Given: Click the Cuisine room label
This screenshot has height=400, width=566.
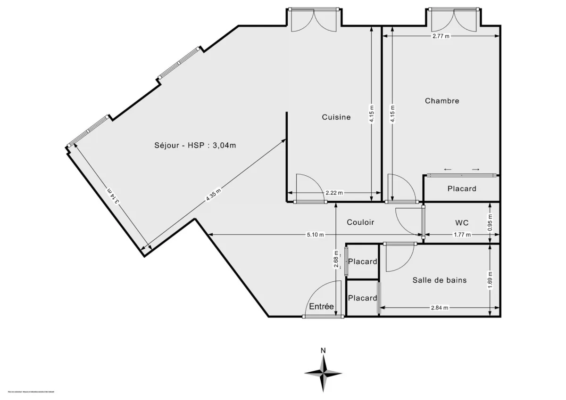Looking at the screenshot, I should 336,117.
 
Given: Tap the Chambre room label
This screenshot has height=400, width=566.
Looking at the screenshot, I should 441,101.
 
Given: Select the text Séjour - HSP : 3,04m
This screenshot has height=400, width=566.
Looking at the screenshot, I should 194,146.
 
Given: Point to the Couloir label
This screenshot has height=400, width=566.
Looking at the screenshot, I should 360,222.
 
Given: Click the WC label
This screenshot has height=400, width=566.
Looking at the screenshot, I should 461,222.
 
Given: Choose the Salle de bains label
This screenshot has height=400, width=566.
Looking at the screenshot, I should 439,280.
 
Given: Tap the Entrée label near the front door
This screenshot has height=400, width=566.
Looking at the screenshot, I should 321,307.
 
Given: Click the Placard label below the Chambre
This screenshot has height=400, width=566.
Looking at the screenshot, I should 461,188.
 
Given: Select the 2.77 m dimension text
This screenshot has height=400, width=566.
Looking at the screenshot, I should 441,36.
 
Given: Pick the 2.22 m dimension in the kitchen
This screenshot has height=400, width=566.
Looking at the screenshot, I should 334,193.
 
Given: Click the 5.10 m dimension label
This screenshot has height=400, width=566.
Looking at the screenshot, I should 315,235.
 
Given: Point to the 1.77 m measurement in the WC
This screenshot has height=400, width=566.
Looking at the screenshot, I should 462,235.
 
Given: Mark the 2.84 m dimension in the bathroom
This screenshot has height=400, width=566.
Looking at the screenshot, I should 439,308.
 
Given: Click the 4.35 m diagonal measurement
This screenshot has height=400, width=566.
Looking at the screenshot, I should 213,194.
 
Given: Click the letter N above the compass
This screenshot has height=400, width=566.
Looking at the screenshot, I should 323,351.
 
